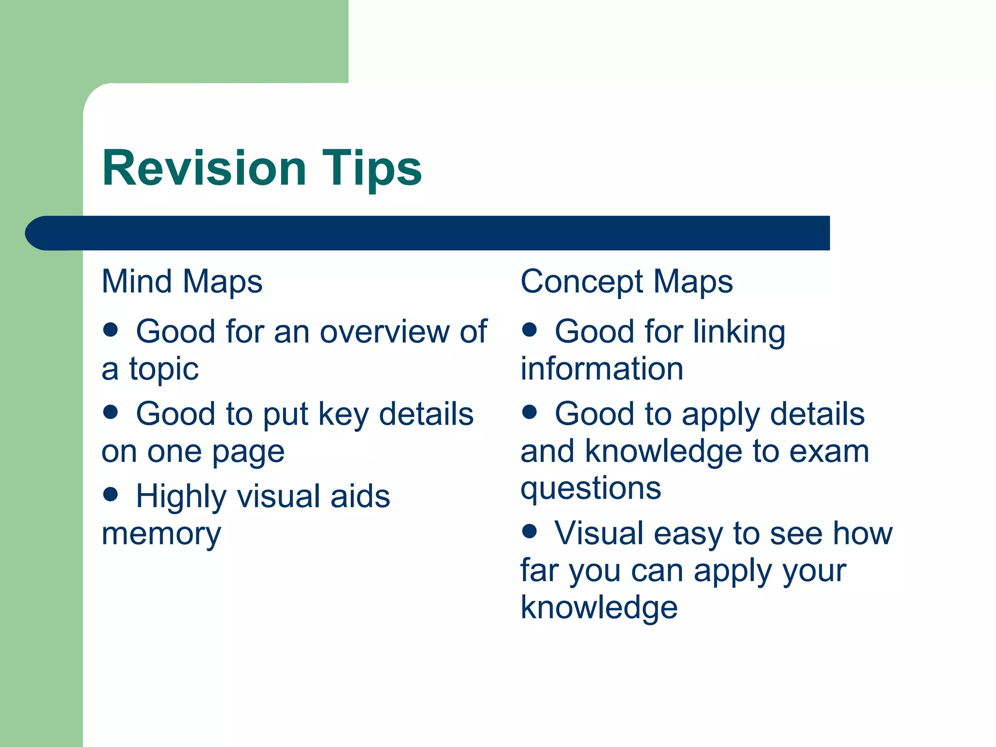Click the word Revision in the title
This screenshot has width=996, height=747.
click(x=204, y=168)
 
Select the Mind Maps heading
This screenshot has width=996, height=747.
click(x=182, y=282)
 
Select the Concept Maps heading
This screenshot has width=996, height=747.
click(x=626, y=282)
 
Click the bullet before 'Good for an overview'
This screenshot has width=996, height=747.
click(x=111, y=330)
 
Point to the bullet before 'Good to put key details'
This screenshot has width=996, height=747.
click(x=111, y=412)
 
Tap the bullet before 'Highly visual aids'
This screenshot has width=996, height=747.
click(x=111, y=495)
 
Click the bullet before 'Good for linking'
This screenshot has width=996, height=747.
click(x=530, y=330)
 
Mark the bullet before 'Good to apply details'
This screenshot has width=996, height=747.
click(x=530, y=412)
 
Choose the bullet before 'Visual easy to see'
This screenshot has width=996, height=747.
click(x=530, y=531)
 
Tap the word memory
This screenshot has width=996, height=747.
click(x=161, y=534)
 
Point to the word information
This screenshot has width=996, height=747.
click(x=602, y=369)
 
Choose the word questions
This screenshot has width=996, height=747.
click(x=591, y=489)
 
